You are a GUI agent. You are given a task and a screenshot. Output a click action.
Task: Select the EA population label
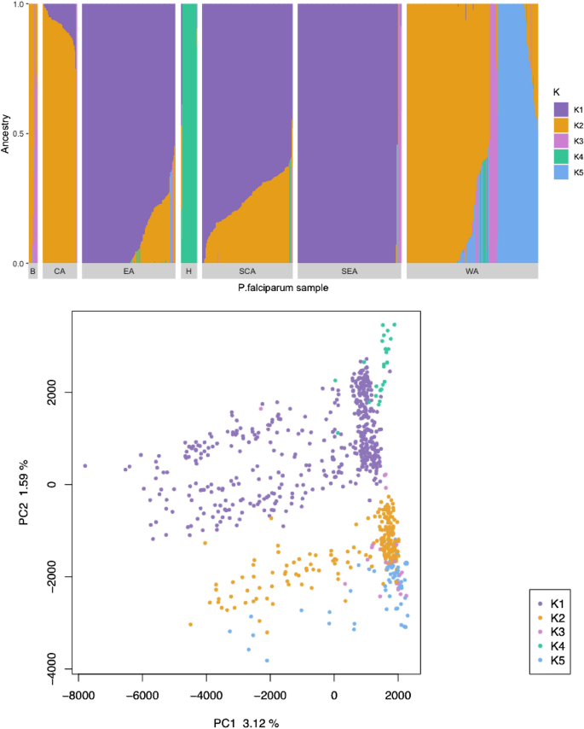coord(129,272)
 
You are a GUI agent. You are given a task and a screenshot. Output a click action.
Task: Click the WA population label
coord(471,272)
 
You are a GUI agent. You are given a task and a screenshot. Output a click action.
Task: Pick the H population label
coord(188,272)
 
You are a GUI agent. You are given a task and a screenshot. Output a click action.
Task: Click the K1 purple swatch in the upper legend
coord(561,109)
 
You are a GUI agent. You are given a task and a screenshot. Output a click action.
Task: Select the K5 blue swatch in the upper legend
coord(561,172)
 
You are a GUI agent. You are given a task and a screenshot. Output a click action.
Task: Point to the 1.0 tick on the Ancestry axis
coord(19,5)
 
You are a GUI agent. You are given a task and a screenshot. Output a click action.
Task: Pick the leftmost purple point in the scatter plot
coord(85,466)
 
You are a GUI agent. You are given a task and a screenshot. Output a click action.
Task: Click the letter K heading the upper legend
coord(556,91)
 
